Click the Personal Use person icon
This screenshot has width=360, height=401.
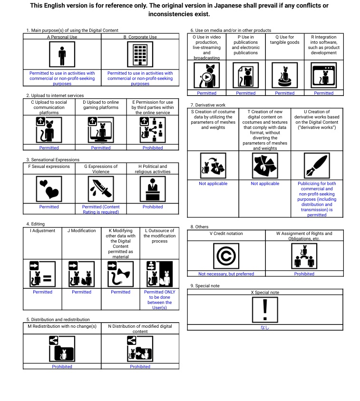click(62, 55)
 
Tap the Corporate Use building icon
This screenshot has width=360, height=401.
click(140, 55)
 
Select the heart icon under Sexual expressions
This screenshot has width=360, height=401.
click(49, 189)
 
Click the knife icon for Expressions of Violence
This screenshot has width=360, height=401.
click(101, 189)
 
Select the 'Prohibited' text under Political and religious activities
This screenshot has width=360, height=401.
click(153, 207)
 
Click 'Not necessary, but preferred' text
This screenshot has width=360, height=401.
click(226, 274)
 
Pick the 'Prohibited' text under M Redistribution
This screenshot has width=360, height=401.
click(62, 367)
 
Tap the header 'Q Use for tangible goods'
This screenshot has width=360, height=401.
click(284, 39)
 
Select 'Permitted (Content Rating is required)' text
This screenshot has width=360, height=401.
click(101, 209)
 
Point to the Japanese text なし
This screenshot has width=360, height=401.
click(265, 327)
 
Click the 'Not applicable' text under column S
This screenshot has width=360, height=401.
click(213, 184)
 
